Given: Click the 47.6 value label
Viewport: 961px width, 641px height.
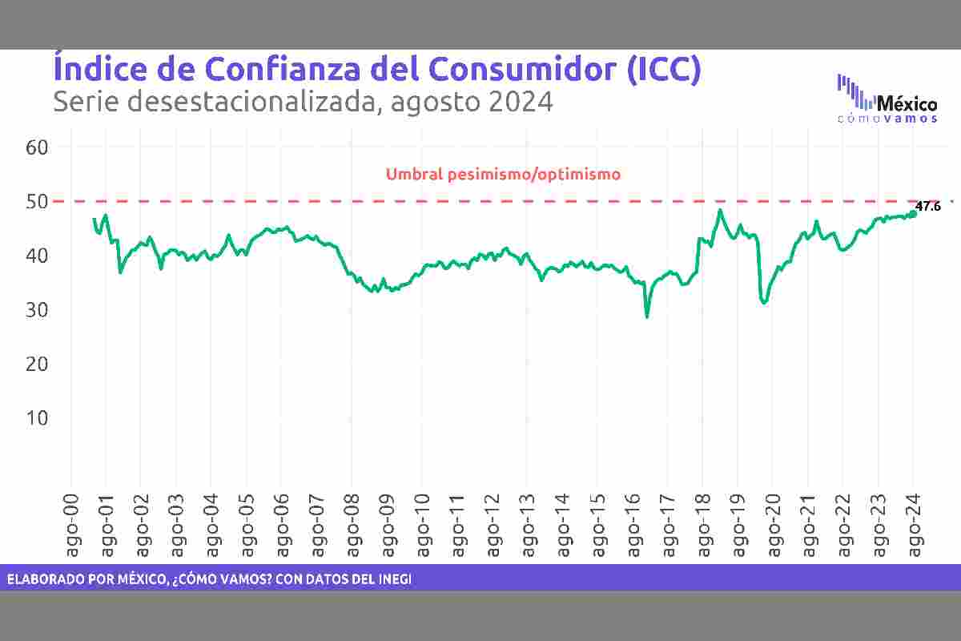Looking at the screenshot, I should pos(927,207).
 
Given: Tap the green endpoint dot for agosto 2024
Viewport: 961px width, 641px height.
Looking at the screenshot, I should pos(913,213).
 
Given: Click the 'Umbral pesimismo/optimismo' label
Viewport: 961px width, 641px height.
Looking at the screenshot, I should pos(503,174).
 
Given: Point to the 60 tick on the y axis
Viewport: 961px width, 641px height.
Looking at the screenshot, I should pos(38,147).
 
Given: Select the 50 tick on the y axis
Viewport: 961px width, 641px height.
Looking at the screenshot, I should pos(38,201).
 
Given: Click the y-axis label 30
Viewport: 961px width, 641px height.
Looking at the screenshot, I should pos(38,309).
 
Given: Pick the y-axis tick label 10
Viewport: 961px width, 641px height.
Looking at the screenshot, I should pos(38,418).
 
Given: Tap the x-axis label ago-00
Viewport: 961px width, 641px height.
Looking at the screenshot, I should pos(70,522).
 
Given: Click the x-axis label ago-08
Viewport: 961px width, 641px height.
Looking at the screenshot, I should pos(351,522).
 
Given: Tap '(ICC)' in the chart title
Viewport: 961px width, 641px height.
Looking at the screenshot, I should pos(664,69).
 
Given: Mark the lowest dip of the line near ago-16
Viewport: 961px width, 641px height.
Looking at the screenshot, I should pos(646,317).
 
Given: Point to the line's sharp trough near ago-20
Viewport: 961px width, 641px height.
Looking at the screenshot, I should pos(764,303).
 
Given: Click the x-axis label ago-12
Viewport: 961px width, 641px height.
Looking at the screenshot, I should pos(491,522).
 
